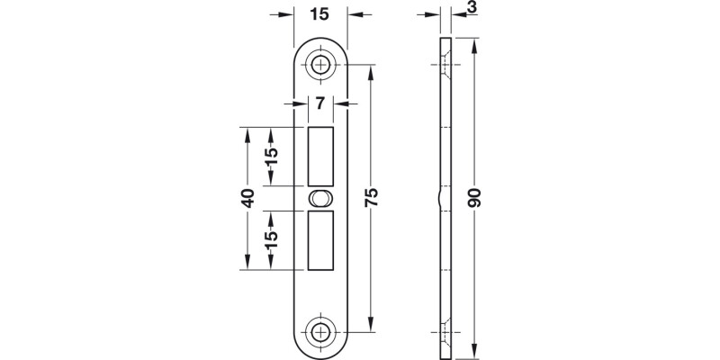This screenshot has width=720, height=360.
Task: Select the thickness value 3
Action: (x=471, y=8)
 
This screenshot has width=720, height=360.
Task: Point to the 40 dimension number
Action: (x=247, y=198)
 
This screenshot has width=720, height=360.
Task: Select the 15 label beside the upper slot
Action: (x=271, y=157)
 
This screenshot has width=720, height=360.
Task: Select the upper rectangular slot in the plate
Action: (x=320, y=157)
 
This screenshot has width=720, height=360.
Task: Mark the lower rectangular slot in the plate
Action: (x=320, y=240)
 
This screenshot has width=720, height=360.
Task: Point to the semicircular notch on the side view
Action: (x=440, y=198)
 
